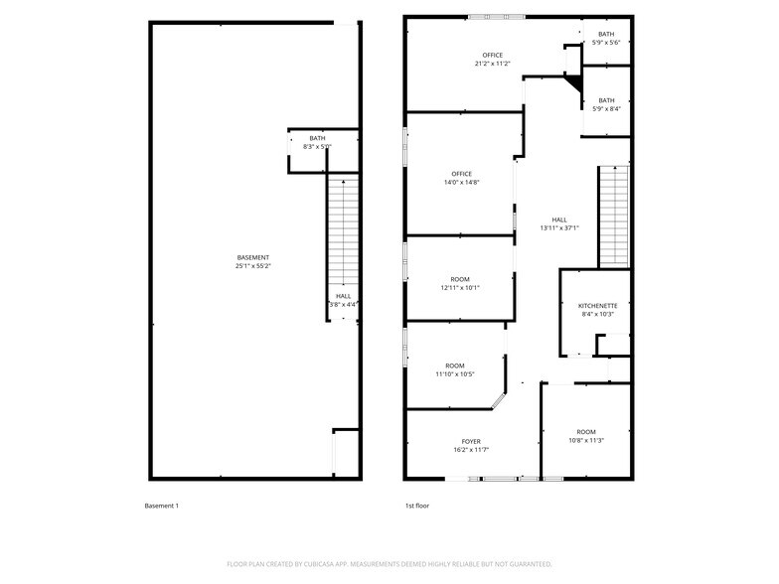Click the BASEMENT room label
(x=252, y=257)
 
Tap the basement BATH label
(x=317, y=138)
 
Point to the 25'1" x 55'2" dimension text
(x=252, y=266)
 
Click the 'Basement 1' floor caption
(x=162, y=507)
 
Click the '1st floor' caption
(x=416, y=507)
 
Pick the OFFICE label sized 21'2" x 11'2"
(x=493, y=55)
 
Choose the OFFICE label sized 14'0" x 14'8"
(x=461, y=174)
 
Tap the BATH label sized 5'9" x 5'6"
(x=606, y=34)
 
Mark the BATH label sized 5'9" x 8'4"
(x=606, y=99)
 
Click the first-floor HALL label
(x=559, y=219)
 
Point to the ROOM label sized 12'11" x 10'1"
(x=460, y=279)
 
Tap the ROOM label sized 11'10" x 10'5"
(x=455, y=365)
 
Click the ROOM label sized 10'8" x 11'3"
(x=586, y=432)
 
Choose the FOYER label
(x=471, y=441)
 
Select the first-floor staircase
(x=613, y=217)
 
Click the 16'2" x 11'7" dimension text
(x=471, y=450)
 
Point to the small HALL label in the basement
(x=343, y=295)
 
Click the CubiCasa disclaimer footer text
(x=389, y=564)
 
